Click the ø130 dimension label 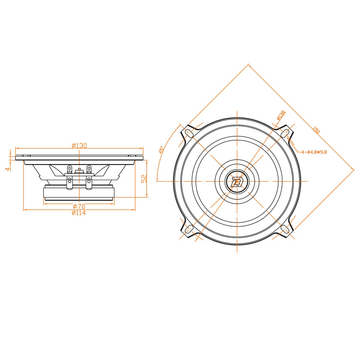78,146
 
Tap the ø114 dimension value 78,213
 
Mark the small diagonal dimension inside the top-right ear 281,116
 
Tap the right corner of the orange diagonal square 352,180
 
